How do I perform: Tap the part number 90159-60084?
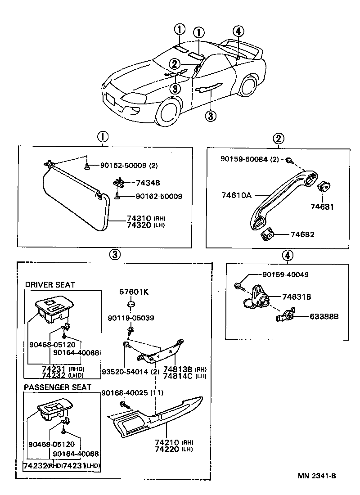pos(250,159)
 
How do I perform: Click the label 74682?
pos(302,234)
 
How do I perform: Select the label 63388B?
pos(324,316)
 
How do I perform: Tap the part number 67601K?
pos(134,292)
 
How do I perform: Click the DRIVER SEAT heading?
pos(50,285)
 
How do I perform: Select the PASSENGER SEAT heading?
pos(58,387)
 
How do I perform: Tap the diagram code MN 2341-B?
pos(316,476)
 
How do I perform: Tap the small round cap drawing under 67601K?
pos(131,306)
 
